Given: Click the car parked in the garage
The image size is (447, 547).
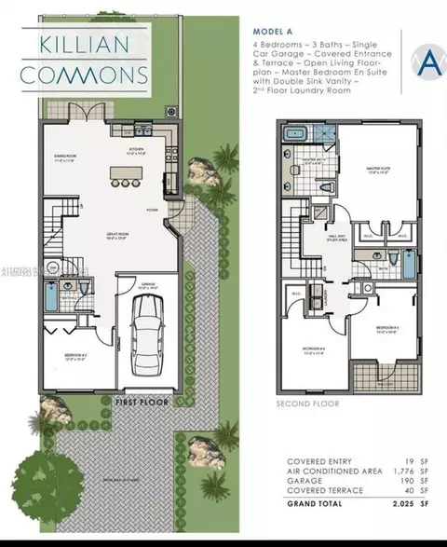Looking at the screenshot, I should point(147,333).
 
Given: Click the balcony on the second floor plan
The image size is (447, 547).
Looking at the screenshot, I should point(379,378).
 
